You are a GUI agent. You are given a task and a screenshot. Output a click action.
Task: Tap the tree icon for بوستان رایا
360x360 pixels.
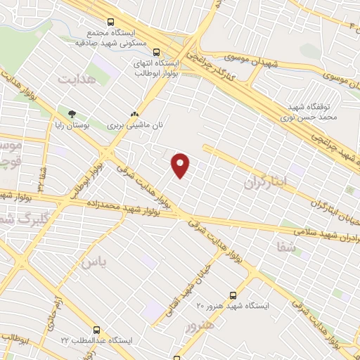tap(72, 114)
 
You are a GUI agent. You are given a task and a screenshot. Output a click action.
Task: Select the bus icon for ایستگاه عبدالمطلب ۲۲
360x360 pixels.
tap(96, 329)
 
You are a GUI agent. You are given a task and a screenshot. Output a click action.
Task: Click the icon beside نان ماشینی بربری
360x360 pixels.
tap(135, 114)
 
